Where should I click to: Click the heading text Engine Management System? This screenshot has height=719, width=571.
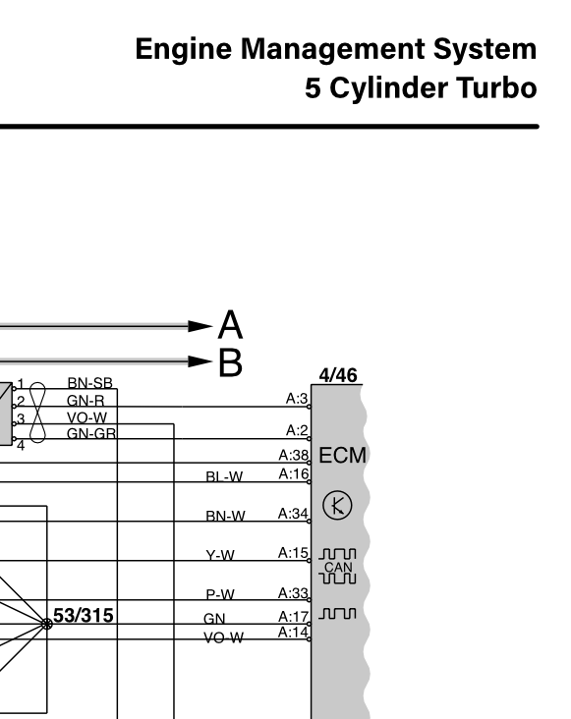[x=336, y=49]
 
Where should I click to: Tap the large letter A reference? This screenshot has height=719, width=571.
[x=229, y=324]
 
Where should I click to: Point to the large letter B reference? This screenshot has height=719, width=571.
[x=230, y=362]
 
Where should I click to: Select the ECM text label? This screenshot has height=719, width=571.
[x=343, y=458]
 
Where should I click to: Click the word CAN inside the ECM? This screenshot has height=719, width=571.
[x=337, y=566]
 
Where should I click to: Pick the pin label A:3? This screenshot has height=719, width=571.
[x=297, y=398]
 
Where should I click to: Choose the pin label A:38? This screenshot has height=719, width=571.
[x=294, y=456]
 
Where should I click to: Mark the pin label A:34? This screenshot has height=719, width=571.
[x=294, y=514]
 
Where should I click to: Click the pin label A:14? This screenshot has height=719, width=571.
[x=294, y=631]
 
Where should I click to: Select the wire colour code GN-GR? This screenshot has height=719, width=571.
[x=90, y=433]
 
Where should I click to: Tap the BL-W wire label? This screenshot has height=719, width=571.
[x=224, y=477]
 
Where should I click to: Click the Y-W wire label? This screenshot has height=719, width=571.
[x=220, y=556]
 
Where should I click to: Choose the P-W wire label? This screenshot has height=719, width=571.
[x=220, y=595]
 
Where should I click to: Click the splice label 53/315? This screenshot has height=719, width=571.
[x=83, y=616]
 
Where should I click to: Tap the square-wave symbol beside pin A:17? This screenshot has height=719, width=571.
[x=338, y=615]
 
